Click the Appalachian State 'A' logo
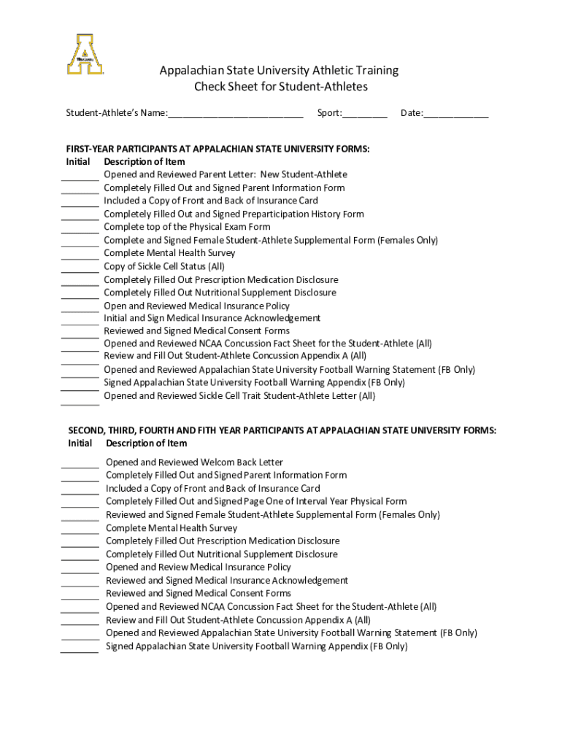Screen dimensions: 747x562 pos(85,54)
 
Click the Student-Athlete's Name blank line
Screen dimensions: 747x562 pos(235,114)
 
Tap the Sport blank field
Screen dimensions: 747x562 pos(365,114)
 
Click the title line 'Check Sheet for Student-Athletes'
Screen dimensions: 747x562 pos(280,87)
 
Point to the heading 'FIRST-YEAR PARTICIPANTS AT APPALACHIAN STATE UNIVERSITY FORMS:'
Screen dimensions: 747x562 pos(218,149)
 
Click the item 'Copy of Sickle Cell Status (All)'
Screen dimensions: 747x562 pos(164,266)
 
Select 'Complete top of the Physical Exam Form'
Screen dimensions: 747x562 pos(187,227)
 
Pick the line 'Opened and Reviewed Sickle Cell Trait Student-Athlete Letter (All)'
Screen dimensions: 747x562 pos(239,396)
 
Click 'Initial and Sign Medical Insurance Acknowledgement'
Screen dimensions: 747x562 pos(212,318)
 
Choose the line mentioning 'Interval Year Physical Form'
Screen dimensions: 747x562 pos(256,502)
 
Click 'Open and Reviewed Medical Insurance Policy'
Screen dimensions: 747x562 pos(196,306)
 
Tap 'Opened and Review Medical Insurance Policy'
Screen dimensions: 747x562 pos(198,568)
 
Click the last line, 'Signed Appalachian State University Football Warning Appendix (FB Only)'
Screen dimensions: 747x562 pos(256,646)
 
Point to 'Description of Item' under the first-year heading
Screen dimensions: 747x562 pos(145,162)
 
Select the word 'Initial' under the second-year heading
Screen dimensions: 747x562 pos(80,444)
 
